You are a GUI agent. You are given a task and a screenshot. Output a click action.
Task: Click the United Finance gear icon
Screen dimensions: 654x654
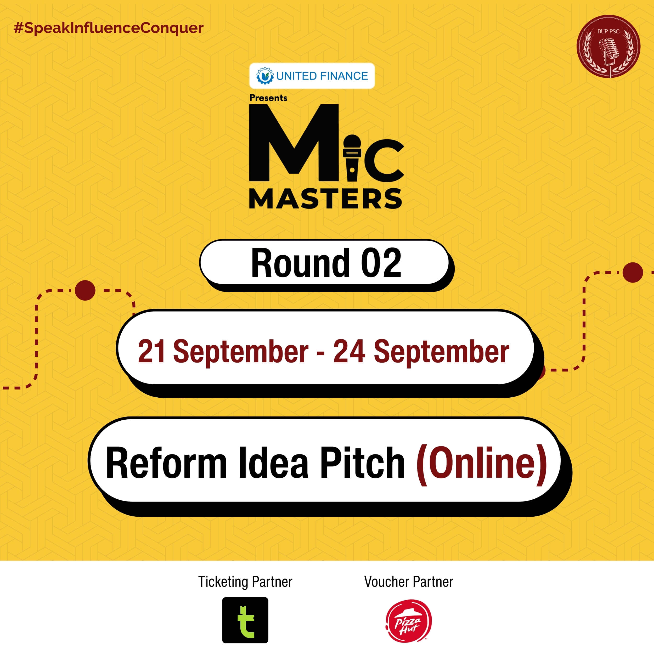265,76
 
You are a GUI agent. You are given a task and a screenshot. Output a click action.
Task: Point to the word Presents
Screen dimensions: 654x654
268,98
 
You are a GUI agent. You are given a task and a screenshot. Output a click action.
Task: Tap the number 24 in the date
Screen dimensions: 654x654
349,351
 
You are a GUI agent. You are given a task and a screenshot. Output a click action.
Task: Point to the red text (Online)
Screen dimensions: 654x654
481,463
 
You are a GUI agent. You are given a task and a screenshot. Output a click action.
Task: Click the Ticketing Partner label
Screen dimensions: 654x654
245,582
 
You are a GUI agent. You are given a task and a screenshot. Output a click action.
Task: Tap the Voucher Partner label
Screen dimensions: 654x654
409,582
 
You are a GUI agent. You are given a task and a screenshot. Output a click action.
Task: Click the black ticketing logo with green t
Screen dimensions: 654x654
245,620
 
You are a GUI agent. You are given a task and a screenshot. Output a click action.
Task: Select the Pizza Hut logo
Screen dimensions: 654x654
409,621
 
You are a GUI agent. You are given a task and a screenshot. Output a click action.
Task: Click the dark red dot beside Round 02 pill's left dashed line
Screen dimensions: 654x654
85,290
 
